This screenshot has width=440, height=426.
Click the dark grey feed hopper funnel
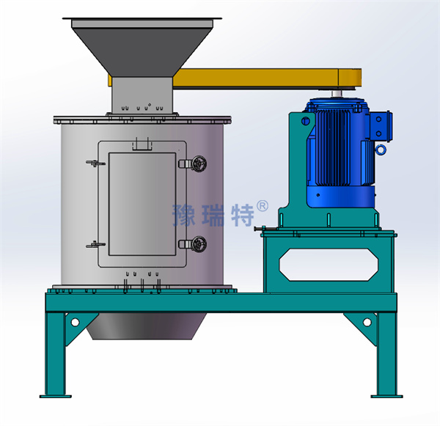click(142, 48)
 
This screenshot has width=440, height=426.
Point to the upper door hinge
click(95, 163)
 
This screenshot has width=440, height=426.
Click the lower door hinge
click(95, 244)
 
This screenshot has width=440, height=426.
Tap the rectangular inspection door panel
click(142, 204)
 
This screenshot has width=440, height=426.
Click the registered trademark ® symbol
click(263, 206)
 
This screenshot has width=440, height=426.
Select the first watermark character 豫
click(184, 216)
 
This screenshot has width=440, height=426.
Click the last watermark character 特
click(243, 216)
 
